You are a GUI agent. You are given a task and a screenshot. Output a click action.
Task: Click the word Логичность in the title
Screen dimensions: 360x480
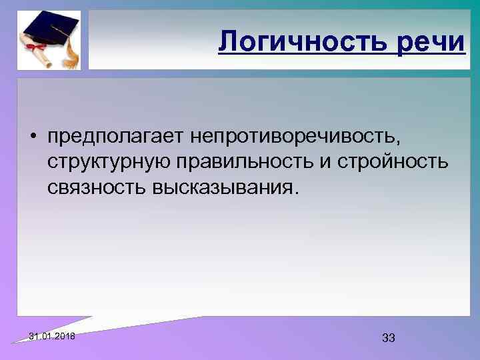tap(303, 42)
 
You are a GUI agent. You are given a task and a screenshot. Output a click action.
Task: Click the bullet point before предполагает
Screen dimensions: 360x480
tap(32, 137)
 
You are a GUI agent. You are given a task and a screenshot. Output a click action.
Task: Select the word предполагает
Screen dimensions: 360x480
tap(115, 137)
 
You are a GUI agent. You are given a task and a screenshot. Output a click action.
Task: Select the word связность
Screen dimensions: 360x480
tap(90, 189)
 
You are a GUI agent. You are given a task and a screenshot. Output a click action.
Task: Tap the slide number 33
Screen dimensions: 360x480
tap(389, 338)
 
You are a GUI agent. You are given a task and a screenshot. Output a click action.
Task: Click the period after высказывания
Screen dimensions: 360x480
tap(290, 193)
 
